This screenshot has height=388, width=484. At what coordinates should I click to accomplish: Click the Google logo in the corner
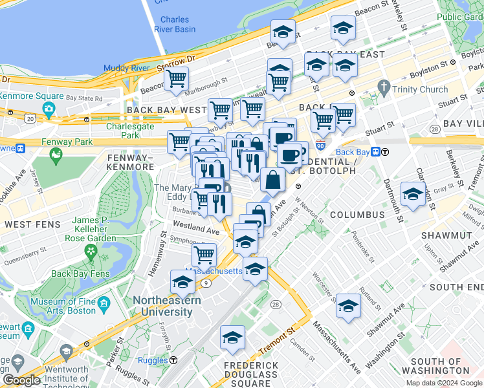(21, 380)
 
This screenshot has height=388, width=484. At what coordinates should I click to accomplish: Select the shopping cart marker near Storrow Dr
(176, 80)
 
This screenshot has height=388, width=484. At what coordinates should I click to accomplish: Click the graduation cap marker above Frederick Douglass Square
(232, 337)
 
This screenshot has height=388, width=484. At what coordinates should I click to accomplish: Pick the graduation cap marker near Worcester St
(348, 306)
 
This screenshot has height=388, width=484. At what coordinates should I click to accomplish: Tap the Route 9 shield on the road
(205, 283)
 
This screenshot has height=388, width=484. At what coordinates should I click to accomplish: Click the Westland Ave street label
(197, 229)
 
